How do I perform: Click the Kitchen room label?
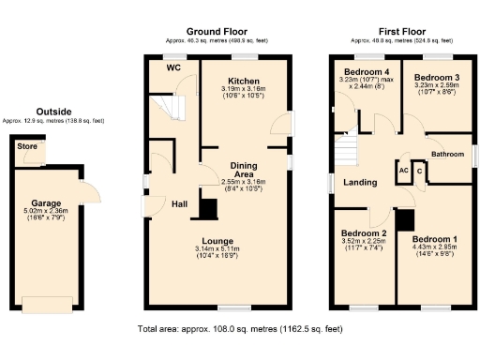pyautogui.click(x=244, y=81)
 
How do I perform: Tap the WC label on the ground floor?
pyautogui.click(x=173, y=68)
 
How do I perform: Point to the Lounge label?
pyautogui.click(x=243, y=240)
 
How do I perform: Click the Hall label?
pyautogui.click(x=180, y=204)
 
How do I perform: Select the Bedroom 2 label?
pyautogui.click(x=364, y=232)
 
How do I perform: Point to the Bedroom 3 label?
pyautogui.click(x=437, y=77)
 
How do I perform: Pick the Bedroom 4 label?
pyautogui.click(x=365, y=72)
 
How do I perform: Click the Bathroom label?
pyautogui.click(x=447, y=153)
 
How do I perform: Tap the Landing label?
pyautogui.click(x=360, y=183)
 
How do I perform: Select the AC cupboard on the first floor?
pyautogui.click(x=403, y=172)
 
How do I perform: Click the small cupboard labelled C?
pyautogui.click(x=420, y=172)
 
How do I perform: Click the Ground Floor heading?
pyautogui.click(x=217, y=32)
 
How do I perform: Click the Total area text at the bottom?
pyautogui.click(x=240, y=329)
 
